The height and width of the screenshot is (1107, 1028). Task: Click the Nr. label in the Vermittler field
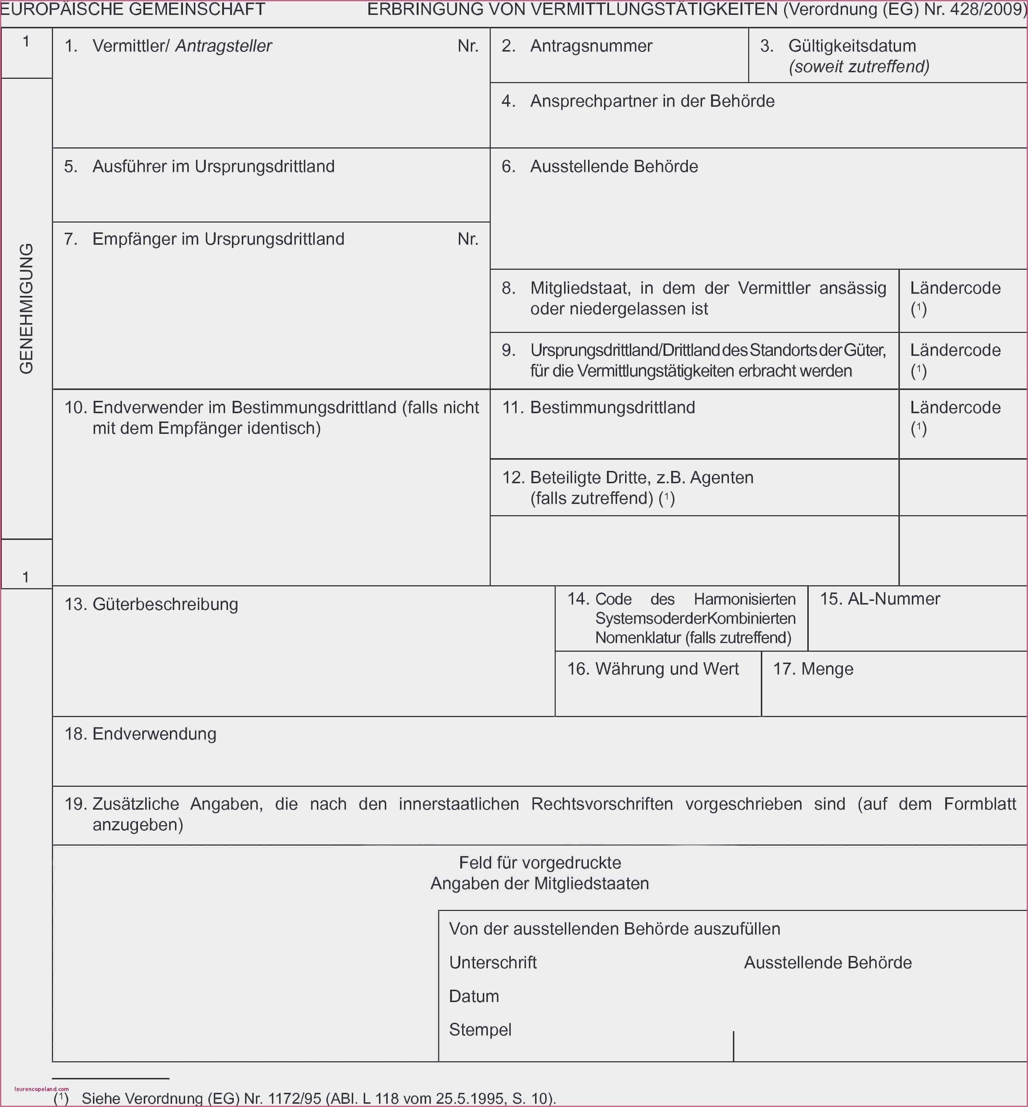tap(468, 46)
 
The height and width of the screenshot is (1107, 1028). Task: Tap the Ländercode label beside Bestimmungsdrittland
tap(955, 407)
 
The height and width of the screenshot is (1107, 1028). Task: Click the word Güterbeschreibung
tap(165, 604)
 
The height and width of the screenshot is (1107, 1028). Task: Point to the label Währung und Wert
tap(666, 669)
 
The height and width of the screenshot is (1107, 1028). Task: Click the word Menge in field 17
tap(827, 669)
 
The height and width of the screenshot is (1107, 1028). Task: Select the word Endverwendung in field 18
tap(154, 734)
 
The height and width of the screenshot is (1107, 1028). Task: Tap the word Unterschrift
tap(493, 962)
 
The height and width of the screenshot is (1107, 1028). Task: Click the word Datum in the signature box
tap(474, 996)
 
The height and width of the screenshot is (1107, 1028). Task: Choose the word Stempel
tap(480, 1030)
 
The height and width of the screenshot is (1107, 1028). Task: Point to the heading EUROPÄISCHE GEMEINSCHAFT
tap(132, 9)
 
